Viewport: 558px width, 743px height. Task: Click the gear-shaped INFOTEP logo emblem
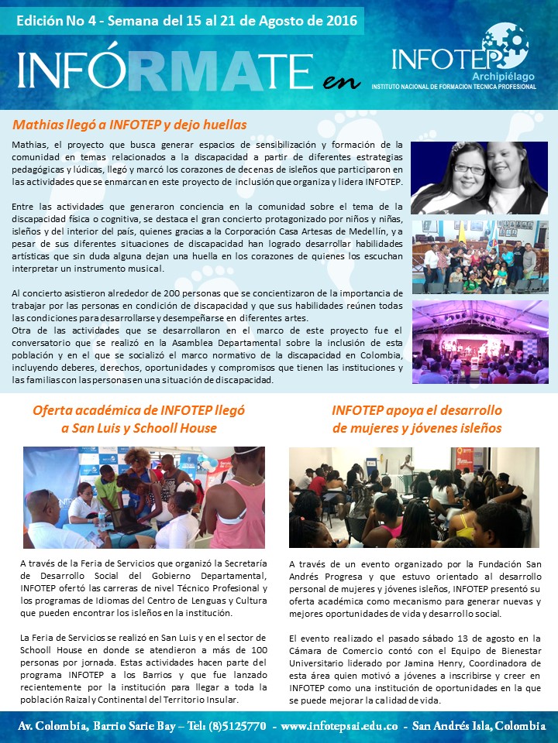505,43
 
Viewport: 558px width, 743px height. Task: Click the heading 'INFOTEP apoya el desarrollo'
417,409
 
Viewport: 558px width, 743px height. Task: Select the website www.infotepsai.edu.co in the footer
340,727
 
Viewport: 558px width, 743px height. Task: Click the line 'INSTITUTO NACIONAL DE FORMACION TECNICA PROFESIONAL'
453,87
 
